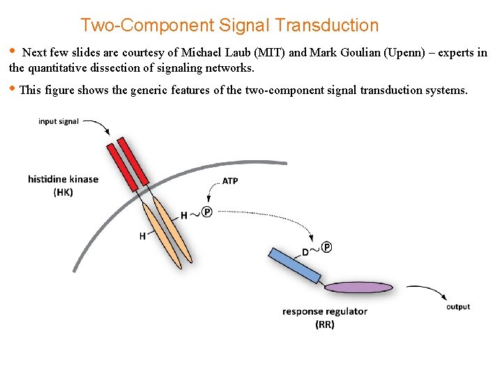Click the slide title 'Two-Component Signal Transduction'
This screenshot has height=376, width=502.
[229, 26]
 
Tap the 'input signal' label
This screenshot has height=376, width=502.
[59, 122]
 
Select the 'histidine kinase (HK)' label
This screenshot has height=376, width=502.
[63, 185]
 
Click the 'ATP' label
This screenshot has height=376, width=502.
[229, 181]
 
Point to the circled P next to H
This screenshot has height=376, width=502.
[206, 212]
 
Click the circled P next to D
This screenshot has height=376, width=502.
[326, 246]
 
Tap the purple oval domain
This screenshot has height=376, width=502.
[358, 287]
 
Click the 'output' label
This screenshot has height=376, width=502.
[458, 306]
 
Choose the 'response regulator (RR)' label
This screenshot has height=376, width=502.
[325, 318]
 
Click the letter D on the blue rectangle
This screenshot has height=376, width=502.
[305, 252]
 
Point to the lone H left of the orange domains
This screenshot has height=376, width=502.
[142, 236]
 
